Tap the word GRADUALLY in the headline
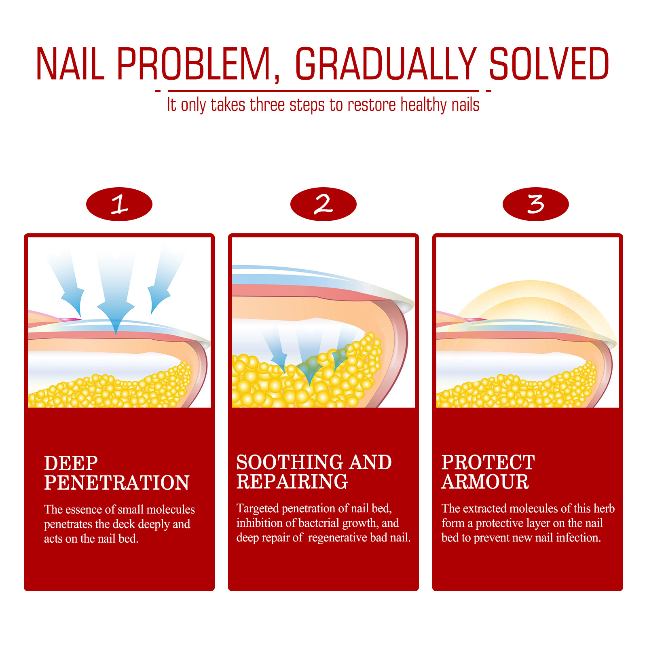(386, 63)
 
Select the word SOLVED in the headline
(549, 63)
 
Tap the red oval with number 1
(119, 204)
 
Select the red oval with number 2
(323, 204)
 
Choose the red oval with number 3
(536, 204)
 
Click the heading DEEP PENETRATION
(117, 473)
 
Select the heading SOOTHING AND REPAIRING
(314, 472)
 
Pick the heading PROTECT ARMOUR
(488, 472)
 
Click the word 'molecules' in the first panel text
(171, 510)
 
